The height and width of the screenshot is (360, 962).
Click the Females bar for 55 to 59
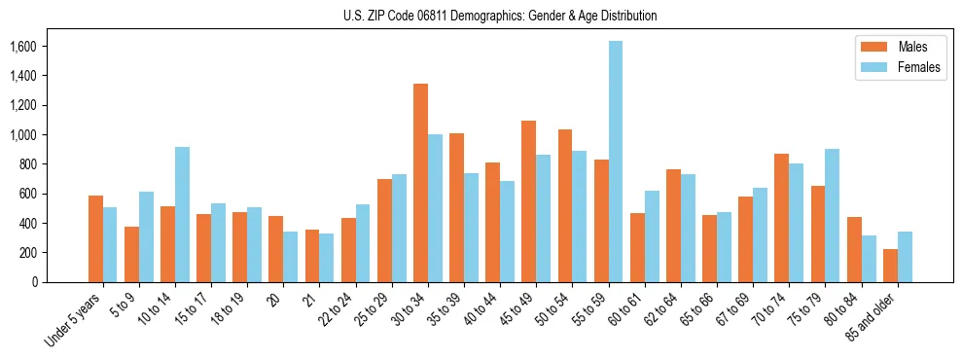(x=616, y=162)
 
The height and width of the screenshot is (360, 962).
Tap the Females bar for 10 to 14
(x=182, y=214)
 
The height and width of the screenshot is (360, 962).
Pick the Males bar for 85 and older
(x=891, y=266)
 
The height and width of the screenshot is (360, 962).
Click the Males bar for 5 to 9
(x=131, y=254)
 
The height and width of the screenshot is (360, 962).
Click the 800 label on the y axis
(x=28, y=163)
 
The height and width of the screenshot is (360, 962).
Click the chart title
(x=500, y=16)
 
